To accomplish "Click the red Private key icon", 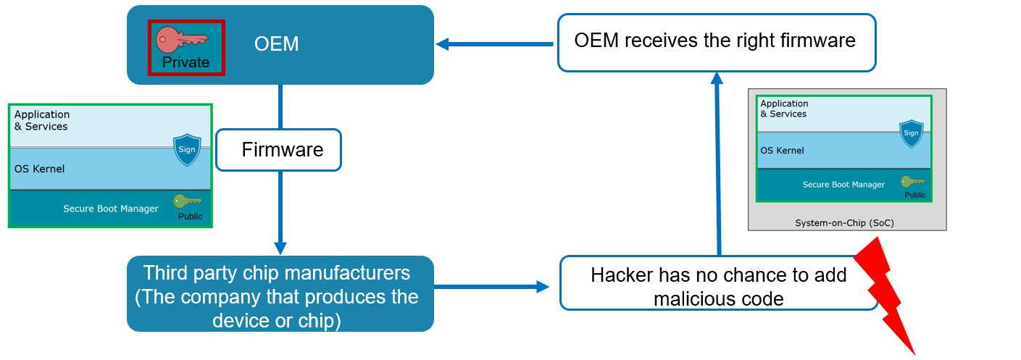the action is point(181,40).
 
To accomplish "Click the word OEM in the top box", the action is point(276,44).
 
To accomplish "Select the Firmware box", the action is point(278,150).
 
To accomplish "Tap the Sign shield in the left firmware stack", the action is point(187,149).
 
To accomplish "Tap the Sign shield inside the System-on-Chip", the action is point(911,133).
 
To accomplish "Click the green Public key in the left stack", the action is point(187,201).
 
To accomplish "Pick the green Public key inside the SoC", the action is point(912,181).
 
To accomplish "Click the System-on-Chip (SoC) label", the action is point(845,223).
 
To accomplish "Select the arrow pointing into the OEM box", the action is point(494,44).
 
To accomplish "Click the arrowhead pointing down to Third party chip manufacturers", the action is point(280,248).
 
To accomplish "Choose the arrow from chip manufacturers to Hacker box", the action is point(491,287).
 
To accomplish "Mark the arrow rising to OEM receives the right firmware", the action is point(718,164).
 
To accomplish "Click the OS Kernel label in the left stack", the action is point(39,169).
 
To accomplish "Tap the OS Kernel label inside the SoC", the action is point(782,151).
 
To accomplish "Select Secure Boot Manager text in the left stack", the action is point(111,209).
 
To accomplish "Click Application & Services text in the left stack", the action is point(42,120).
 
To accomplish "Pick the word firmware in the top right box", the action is point(817,41).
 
